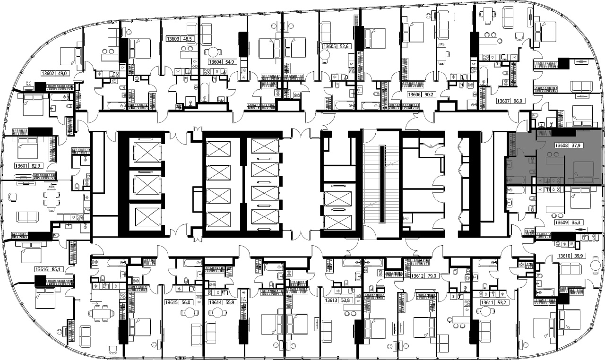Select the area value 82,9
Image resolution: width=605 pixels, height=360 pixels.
coord(35,166)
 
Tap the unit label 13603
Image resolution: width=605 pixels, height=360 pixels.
coord(173,39)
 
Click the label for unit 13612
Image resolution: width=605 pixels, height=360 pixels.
coord(417,276)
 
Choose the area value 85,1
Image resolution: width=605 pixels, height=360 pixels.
coord(56,269)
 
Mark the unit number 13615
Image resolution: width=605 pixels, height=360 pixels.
coord(172,302)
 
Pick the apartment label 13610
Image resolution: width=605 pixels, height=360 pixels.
coord(564,256)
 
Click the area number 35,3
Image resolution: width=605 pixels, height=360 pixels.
coord(576,223)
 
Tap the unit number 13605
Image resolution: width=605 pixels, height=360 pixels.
coord(329,46)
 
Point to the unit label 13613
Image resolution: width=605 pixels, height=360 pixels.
coord(331,300)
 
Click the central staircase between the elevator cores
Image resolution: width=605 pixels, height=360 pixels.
coord(381,184)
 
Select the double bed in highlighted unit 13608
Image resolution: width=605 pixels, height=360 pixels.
coord(583,172)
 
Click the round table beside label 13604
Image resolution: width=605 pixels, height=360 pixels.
coord(213,52)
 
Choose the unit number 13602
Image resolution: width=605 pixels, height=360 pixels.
coord(48,73)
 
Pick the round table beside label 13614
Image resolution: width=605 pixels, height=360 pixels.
coord(217,313)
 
